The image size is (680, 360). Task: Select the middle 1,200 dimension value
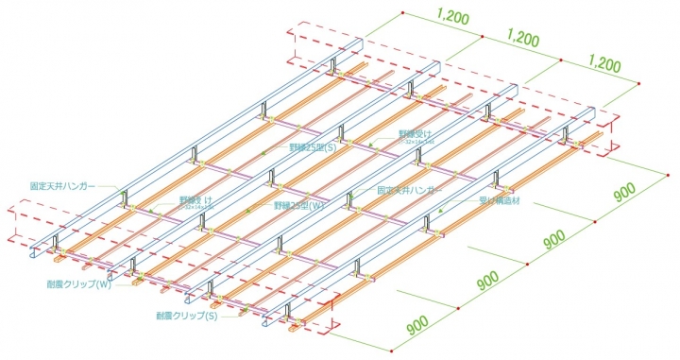pos(523,41)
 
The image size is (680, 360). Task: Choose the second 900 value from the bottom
pos(488,281)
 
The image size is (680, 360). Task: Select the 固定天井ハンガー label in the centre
pos(409,190)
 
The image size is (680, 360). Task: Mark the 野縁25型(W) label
pos(300,205)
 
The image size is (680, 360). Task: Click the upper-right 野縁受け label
pos(413,134)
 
